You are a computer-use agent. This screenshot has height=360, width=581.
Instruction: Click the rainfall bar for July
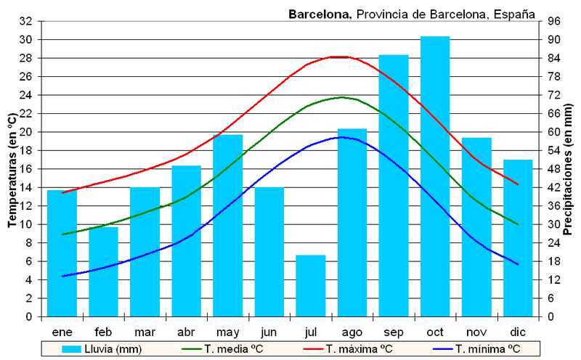click(x=311, y=286)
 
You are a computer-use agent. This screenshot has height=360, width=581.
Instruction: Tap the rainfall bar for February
click(x=103, y=272)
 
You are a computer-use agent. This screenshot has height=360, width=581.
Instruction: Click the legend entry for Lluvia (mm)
click(x=102, y=349)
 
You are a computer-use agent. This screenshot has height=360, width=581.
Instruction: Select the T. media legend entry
click(x=225, y=349)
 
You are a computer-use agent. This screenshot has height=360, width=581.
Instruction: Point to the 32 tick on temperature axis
click(x=26, y=21)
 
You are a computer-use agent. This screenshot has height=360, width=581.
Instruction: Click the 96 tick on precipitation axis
click(x=553, y=21)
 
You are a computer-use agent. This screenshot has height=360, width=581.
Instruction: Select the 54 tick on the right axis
click(x=553, y=150)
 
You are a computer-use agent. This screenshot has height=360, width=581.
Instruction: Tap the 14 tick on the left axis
click(x=26, y=187)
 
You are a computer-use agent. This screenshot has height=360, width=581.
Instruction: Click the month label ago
click(x=352, y=332)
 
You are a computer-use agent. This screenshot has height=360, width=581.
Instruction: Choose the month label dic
click(x=518, y=332)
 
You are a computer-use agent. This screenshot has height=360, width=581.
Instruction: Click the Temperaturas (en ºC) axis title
click(x=12, y=168)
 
